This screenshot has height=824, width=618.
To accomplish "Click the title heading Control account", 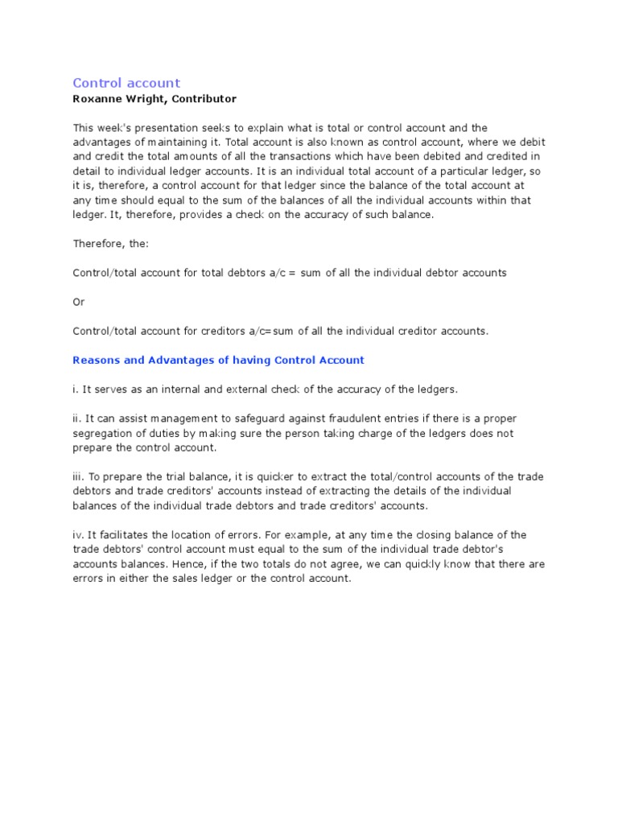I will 126,83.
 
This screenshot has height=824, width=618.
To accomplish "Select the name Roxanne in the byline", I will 97,99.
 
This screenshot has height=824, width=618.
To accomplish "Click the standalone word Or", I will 78,302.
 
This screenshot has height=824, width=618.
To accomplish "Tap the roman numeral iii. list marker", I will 79,476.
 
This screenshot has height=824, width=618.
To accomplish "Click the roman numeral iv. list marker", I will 79,535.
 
